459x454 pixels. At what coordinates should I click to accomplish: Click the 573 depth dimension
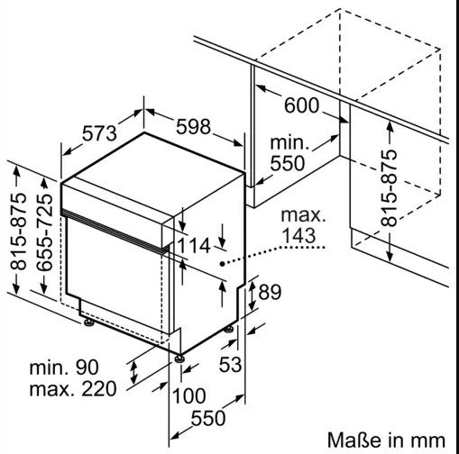99,134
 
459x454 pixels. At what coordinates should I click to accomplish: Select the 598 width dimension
193,127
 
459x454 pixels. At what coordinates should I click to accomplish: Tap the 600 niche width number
301,105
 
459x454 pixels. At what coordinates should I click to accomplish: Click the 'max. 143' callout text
303,225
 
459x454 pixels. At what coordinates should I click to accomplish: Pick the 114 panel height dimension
194,246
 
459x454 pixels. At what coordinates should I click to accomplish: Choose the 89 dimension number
270,292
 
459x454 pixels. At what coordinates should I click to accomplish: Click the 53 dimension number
230,365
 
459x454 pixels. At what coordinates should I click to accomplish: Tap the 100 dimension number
189,395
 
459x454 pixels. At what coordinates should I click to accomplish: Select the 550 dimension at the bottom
208,418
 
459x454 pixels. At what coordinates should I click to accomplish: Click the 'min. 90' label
64,367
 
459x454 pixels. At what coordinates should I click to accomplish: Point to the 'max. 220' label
73,389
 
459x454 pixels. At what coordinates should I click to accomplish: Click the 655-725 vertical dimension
44,232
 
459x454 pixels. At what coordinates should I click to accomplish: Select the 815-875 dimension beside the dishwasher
18,232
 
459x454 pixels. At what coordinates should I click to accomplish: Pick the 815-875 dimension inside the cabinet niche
389,188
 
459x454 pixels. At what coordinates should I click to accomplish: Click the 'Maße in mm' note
386,440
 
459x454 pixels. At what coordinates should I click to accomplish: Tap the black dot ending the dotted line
222,264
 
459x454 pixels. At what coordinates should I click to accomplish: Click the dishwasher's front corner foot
179,359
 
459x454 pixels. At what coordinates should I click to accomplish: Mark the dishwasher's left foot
89,322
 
